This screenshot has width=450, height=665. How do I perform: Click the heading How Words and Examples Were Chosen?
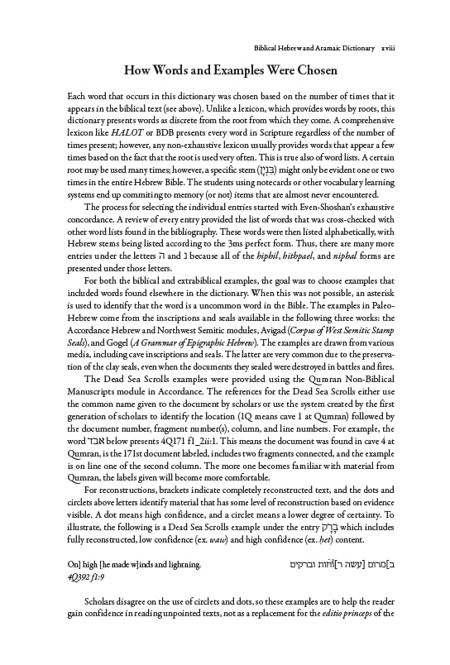click(224, 71)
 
